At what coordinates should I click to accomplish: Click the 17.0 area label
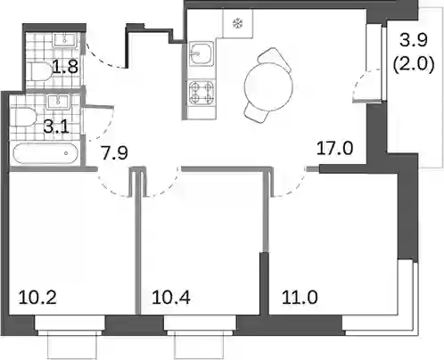[334, 148]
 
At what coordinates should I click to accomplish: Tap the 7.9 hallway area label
[114, 153]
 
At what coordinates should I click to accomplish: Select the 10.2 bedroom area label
[37, 298]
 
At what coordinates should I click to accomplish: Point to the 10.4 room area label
[171, 298]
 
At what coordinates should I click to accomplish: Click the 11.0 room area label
[300, 298]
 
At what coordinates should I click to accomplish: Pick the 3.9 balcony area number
[414, 40]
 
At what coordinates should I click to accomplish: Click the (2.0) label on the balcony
[414, 64]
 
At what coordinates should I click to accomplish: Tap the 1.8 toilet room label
[65, 67]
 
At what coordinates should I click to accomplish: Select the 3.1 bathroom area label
[56, 127]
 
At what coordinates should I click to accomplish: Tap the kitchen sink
[201, 53]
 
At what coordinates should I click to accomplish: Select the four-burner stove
[201, 93]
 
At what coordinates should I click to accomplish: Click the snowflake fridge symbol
[237, 23]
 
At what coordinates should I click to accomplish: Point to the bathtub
[46, 153]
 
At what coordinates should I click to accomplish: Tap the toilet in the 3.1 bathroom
[24, 119]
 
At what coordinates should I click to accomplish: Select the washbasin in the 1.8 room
[65, 40]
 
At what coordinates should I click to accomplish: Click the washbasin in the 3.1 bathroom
[57, 102]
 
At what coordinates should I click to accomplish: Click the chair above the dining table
[274, 59]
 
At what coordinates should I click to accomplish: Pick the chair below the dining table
[258, 112]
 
